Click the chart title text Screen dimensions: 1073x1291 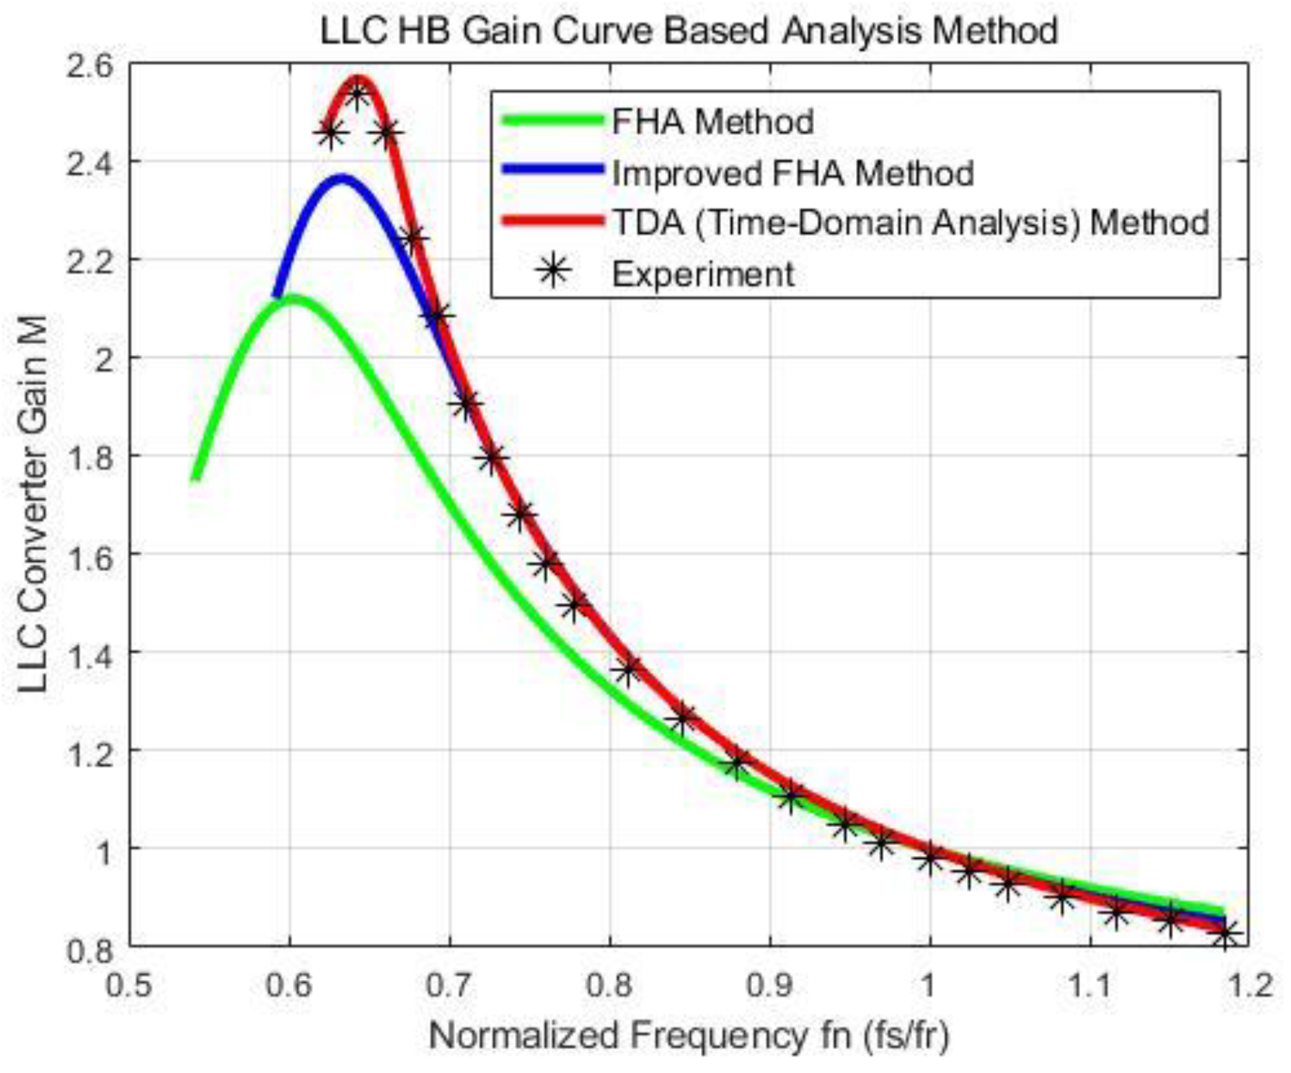pyautogui.click(x=689, y=31)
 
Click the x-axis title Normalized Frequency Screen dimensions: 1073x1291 pyautogui.click(x=689, y=1036)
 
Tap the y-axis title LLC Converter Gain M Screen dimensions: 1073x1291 pyautogui.click(x=32, y=504)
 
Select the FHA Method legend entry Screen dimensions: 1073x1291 pyautogui.click(x=713, y=122)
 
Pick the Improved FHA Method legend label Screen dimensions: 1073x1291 pyautogui.click(x=793, y=173)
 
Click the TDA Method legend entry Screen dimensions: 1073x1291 pyautogui.click(x=910, y=223)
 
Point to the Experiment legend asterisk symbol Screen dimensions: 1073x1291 pyautogui.click(x=553, y=272)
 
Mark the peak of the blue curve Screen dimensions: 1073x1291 pyautogui.click(x=342, y=180)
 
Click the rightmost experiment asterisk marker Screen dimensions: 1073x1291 pyautogui.click(x=1226, y=936)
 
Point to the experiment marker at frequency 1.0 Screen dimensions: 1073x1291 pyautogui.click(x=931, y=857)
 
